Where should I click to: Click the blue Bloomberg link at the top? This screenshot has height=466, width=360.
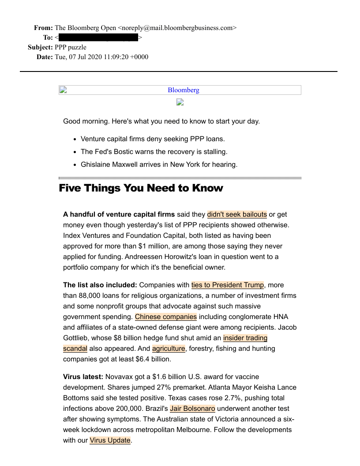183,90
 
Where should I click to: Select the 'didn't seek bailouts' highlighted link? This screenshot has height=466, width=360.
237,214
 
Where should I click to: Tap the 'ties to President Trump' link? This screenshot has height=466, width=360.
227,285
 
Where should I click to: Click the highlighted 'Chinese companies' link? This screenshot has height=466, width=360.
165,317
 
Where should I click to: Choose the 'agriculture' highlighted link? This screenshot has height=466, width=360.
169,349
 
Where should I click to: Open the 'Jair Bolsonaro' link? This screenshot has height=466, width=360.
192,409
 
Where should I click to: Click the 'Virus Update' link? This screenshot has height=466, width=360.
110,440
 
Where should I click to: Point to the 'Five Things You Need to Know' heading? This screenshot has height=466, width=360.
141,188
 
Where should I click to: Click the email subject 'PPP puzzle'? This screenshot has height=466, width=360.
71,47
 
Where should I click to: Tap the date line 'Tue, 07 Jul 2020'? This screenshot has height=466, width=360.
101,57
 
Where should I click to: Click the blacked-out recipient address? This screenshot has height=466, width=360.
98,38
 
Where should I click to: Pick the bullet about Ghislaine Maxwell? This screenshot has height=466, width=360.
159,165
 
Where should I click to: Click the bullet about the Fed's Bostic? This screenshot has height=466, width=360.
154,151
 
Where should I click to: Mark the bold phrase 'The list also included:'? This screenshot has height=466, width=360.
100,285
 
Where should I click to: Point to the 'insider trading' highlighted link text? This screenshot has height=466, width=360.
245,338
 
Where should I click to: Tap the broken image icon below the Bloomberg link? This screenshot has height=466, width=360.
180,102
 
